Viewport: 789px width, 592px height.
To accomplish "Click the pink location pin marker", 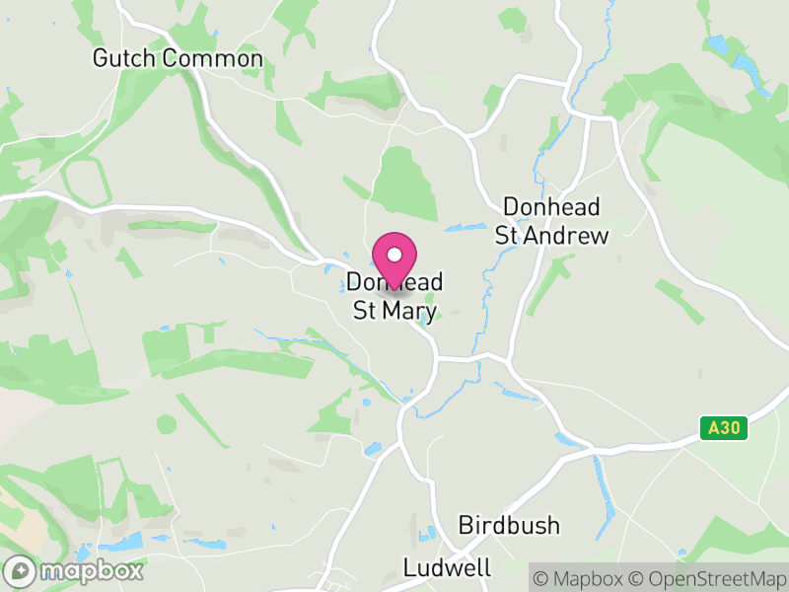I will [394, 259].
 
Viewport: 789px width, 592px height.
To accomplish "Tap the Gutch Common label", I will [178, 59].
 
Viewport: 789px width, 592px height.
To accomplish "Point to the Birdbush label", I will [509, 525].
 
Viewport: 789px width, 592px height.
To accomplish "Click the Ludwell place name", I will [447, 567].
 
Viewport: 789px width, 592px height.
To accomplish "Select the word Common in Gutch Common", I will [213, 59].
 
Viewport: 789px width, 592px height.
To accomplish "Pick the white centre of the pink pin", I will [394, 255].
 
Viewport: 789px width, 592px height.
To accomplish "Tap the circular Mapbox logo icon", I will [19, 570].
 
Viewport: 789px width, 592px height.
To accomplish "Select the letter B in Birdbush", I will [466, 525].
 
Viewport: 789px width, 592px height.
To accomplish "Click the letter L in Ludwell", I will [409, 567].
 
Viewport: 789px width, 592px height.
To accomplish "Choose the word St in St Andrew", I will [507, 235].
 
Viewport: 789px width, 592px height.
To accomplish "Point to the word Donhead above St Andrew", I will [552, 206].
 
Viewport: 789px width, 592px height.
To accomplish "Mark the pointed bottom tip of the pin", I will [394, 288].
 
